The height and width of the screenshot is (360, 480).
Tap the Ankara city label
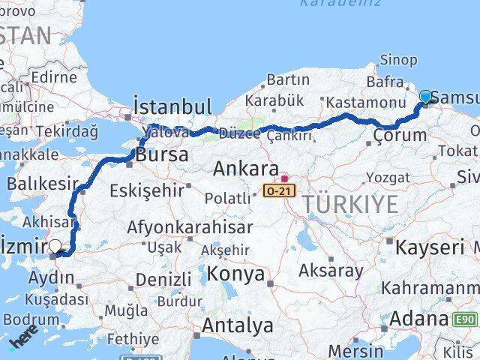pyautogui.click(x=246, y=169)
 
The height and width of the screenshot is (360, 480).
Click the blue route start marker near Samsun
pyautogui.click(x=426, y=97)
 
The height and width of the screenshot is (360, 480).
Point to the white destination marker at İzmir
pyautogui.click(x=55, y=245)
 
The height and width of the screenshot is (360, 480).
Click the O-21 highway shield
pyautogui.click(x=279, y=191)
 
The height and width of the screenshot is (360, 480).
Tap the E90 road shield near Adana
pyautogui.click(x=465, y=320)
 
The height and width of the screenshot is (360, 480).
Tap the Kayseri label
pyautogui.click(x=430, y=247)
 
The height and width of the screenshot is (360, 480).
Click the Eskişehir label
pyautogui.click(x=146, y=190)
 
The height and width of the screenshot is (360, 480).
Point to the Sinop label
pyautogui.click(x=398, y=60)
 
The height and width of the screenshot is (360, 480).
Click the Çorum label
pyautogui.click(x=399, y=135)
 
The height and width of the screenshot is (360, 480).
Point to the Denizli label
pyautogui.click(x=164, y=279)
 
